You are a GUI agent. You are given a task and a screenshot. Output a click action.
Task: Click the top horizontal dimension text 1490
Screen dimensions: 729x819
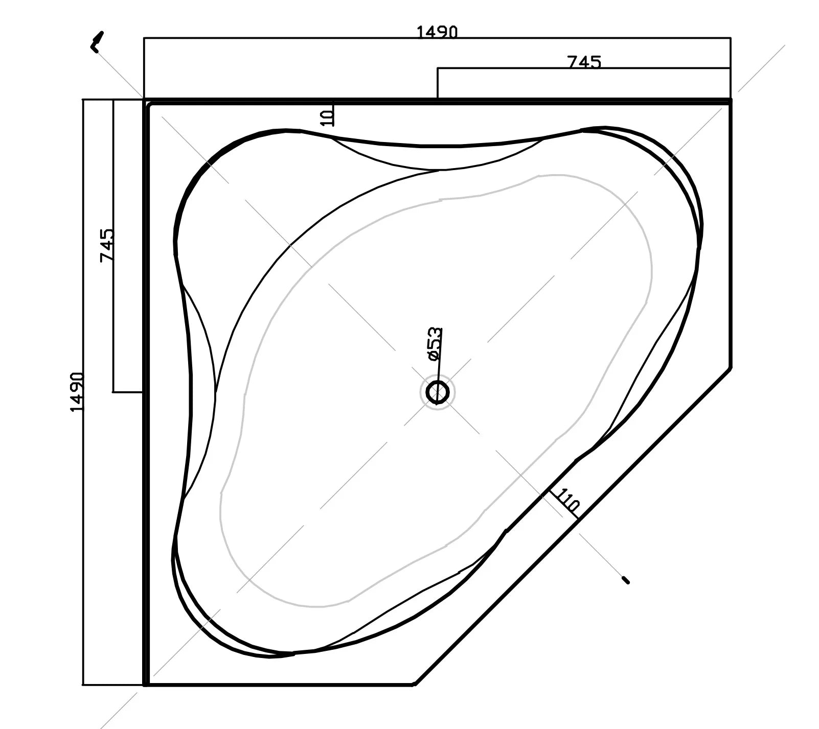coord(437,33)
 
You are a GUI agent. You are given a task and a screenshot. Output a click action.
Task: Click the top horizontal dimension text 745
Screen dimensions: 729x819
coord(584,62)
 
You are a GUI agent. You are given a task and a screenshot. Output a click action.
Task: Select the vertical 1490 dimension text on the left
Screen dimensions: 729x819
coord(77,392)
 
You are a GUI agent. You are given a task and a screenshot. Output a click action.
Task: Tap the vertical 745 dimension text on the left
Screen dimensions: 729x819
coord(107,246)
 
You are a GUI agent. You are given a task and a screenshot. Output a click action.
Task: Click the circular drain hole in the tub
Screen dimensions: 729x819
coord(437,392)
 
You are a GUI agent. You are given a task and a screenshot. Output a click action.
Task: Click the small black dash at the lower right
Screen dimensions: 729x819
coord(625,580)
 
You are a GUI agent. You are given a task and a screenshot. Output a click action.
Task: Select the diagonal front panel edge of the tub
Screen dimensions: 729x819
coord(573,526)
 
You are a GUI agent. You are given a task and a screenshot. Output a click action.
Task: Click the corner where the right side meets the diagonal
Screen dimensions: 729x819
coord(731,367)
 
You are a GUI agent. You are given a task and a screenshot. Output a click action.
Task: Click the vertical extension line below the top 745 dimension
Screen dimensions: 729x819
coord(438,83)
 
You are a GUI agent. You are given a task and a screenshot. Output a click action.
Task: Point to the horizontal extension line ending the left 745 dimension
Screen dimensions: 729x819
coord(127,392)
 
